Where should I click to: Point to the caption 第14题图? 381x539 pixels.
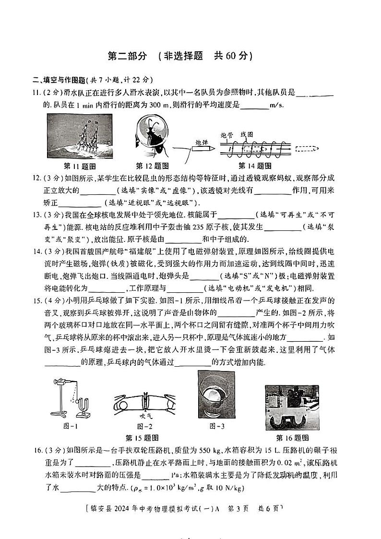(255, 166)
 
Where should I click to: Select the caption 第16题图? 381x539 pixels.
(292, 437)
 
